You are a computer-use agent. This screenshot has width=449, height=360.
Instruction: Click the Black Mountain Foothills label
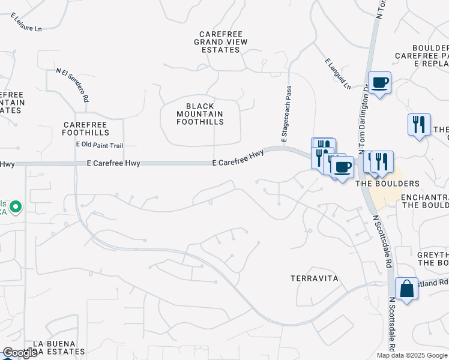pos(200,114)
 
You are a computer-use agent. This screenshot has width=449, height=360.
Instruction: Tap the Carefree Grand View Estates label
pos(217,41)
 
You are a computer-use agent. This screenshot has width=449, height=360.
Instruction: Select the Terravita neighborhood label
pos(314,278)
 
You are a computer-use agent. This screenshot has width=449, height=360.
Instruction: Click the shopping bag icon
pos(406,289)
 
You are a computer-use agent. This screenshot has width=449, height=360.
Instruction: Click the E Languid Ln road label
pos(337,74)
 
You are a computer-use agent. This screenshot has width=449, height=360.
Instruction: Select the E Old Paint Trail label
pos(99,145)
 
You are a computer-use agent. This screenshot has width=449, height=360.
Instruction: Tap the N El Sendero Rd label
pos(73,85)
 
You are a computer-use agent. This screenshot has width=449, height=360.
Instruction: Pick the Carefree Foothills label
pos(86,128)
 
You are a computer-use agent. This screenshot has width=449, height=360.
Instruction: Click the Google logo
pos(20,353)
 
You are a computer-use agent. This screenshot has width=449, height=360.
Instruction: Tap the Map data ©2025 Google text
pos(412,355)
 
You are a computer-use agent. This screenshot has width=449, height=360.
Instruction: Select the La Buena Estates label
pos(58,347)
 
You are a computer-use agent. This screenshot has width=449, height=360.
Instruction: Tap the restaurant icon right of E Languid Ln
pos(419,124)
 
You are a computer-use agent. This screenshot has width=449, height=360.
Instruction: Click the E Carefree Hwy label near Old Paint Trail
pos(113,163)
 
